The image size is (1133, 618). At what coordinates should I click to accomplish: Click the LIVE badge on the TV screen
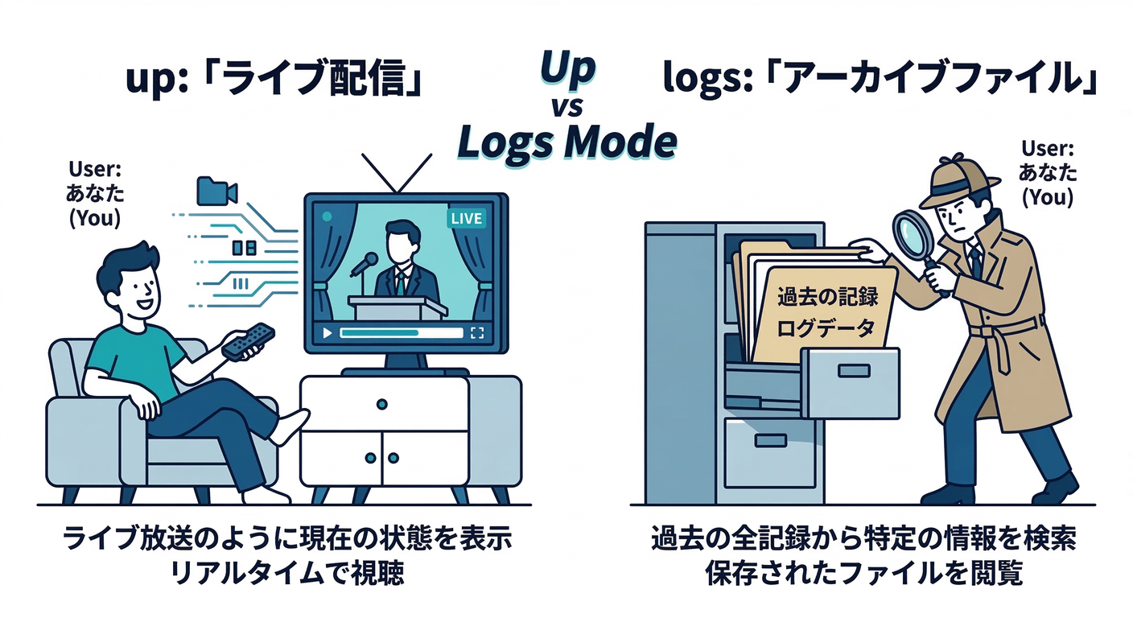[466, 218]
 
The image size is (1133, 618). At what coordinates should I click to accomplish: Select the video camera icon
[216, 191]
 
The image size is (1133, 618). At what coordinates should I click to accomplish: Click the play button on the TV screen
[326, 332]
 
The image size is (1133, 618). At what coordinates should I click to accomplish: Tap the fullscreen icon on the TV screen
[477, 332]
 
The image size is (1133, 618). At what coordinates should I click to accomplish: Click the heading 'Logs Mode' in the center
[566, 142]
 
